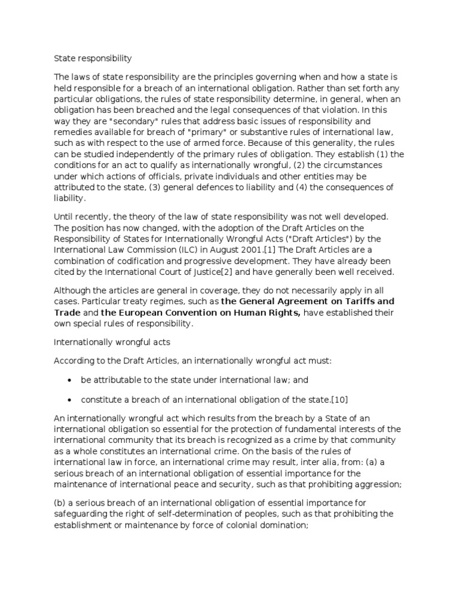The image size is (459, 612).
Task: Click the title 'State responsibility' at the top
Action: coord(93,59)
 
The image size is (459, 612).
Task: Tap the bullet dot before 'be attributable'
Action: coord(71,380)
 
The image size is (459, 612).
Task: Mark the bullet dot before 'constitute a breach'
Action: coord(71,399)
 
